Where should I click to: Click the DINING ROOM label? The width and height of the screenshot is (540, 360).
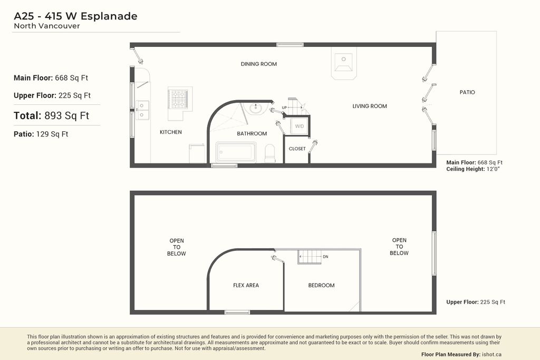[x=258, y=64]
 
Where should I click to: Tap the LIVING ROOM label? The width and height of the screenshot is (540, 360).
[x=370, y=106]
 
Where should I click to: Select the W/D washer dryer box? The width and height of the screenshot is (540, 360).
[x=299, y=127]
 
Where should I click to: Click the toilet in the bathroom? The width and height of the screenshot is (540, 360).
[x=269, y=153]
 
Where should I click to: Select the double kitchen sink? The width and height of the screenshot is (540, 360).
[x=142, y=110]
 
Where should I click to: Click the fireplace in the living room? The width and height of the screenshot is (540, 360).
[x=344, y=63]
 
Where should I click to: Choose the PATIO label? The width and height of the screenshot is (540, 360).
[x=467, y=92]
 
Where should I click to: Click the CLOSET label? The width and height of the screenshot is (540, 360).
[x=297, y=149]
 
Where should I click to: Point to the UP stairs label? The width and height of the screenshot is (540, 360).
[x=285, y=108]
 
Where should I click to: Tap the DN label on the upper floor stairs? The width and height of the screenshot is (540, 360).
[x=325, y=257]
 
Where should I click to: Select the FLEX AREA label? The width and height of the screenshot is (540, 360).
[x=246, y=286]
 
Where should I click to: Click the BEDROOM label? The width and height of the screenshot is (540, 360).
[x=321, y=286]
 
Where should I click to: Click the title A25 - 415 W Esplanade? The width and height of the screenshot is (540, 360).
[x=75, y=16]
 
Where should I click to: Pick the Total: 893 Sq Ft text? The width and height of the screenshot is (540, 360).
[x=51, y=115]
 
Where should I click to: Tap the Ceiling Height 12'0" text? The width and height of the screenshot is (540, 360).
[x=472, y=169]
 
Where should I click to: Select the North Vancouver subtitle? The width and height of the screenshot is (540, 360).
[x=47, y=26]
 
